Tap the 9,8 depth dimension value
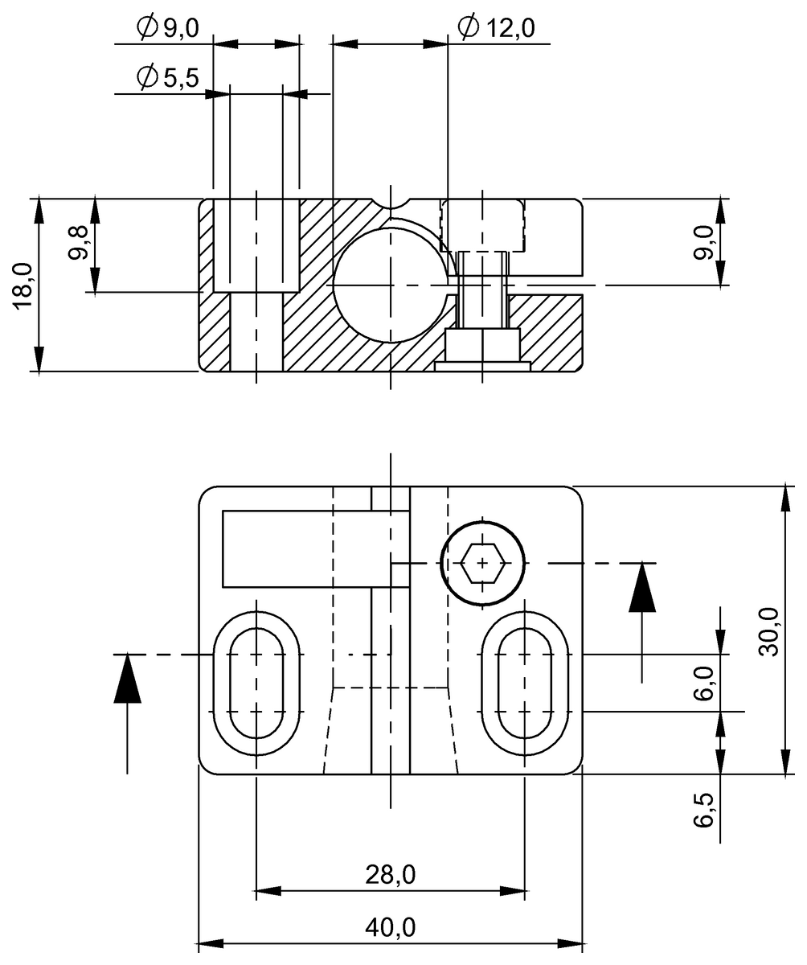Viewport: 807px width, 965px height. pyautogui.click(x=78, y=243)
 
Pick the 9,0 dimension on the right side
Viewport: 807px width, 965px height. pyautogui.click(x=704, y=242)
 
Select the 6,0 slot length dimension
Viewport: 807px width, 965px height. pyautogui.click(x=704, y=684)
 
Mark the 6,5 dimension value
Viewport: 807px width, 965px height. pyautogui.click(x=704, y=809)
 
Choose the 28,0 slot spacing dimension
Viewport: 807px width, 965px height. pyautogui.click(x=391, y=873)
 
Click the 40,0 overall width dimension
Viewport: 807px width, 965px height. pyautogui.click(x=391, y=927)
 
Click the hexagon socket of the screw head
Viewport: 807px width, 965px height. pyautogui.click(x=482, y=563)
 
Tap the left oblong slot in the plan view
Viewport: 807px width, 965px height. pyautogui.click(x=256, y=683)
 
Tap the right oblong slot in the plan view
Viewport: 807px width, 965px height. pyautogui.click(x=525, y=683)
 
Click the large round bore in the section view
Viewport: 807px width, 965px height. pyautogui.click(x=390, y=285)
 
